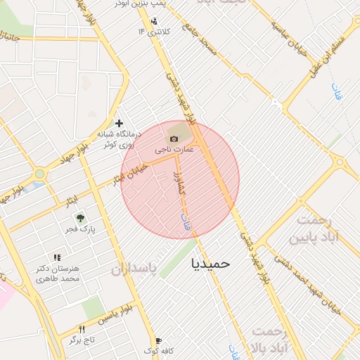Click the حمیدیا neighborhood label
click(210, 263)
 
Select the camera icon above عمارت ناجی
click(174, 139)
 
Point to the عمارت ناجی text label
click(174, 149)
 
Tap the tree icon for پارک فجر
click(82, 218)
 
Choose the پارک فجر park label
click(82, 229)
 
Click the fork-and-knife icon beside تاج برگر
click(82, 329)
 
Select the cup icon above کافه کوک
click(157, 340)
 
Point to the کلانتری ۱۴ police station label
click(154, 31)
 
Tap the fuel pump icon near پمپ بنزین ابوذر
click(154, 20)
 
